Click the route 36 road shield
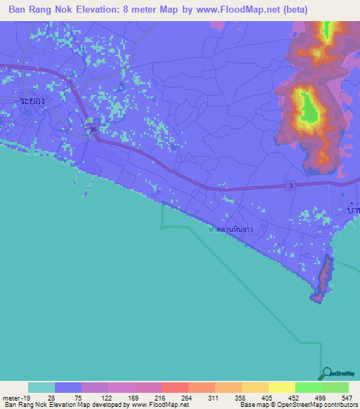coord(94,131)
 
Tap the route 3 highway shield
coord(290,185)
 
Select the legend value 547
coord(335,398)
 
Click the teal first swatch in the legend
coord(41,387)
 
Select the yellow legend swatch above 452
coord(282,387)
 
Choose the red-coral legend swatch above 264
coord(175,387)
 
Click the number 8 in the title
coord(141,9)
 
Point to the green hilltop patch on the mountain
coord(308,107)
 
